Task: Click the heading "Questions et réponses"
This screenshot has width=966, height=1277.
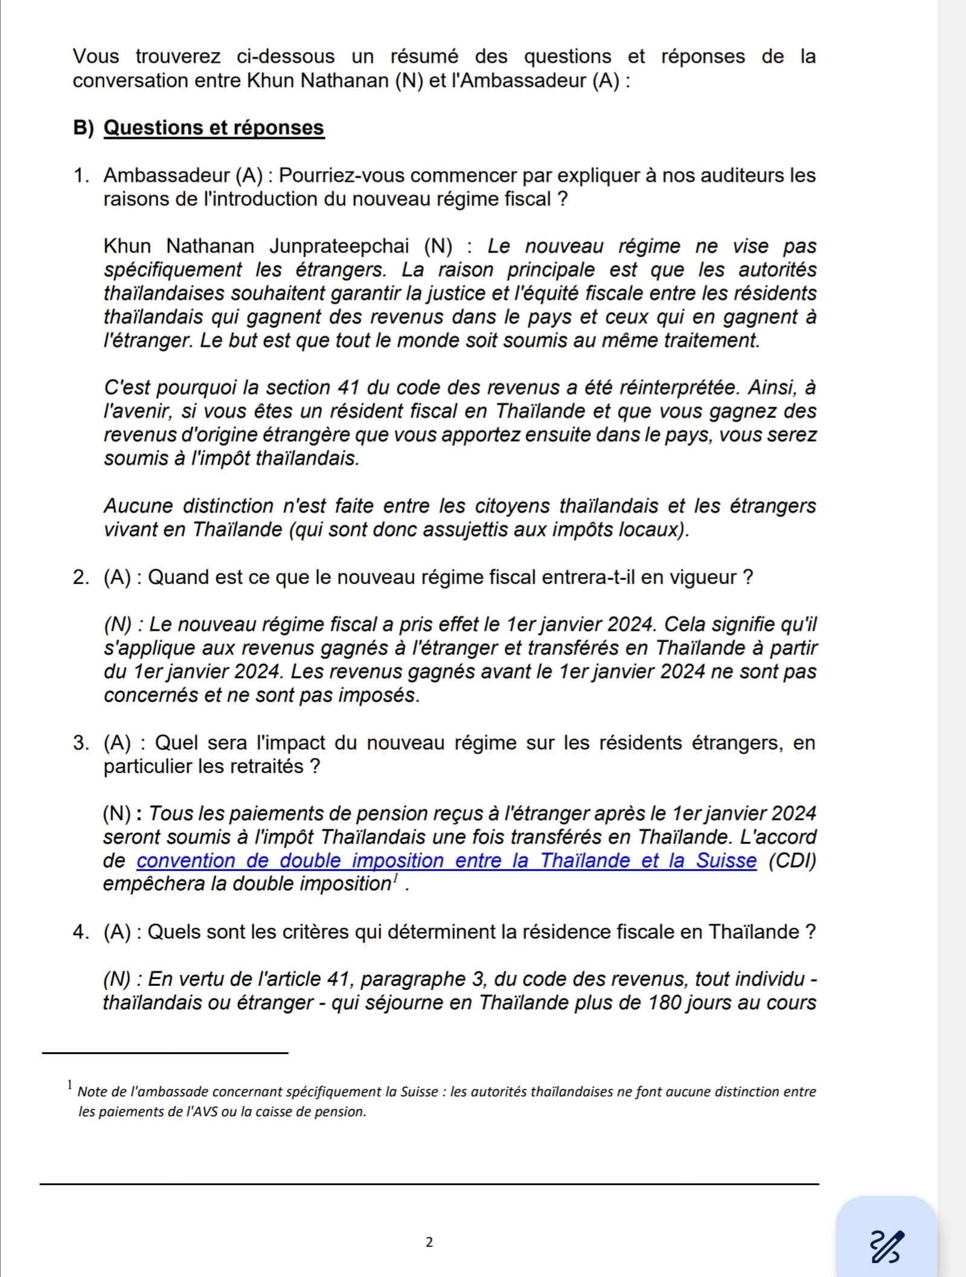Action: click(x=214, y=128)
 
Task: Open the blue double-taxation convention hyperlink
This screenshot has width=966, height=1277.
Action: click(x=447, y=861)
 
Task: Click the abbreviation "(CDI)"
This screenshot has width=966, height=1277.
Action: click(x=792, y=861)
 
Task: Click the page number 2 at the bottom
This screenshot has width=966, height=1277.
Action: click(x=429, y=1243)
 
